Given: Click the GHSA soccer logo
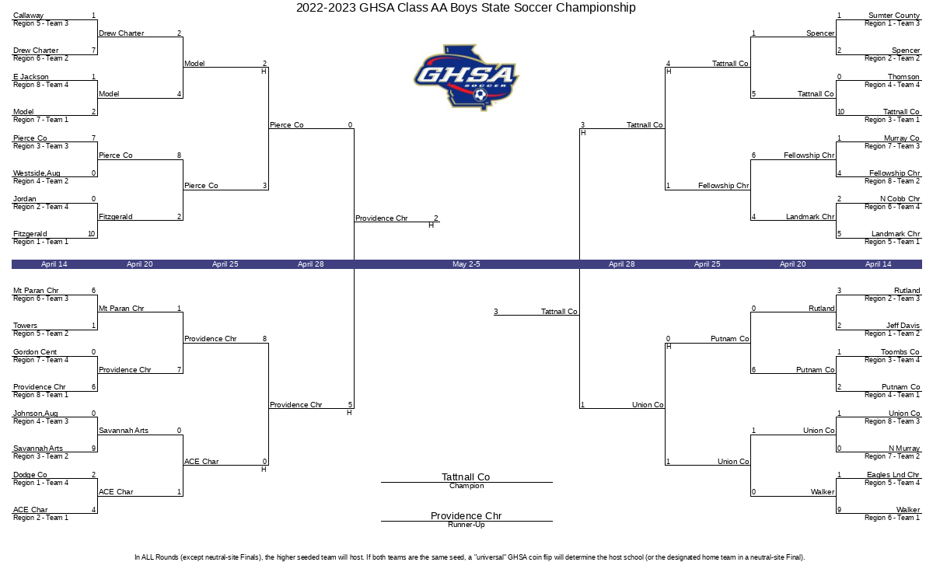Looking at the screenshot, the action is click(466, 78).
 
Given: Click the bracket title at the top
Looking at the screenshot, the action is click(466, 8).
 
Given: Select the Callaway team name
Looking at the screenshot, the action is click(28, 16).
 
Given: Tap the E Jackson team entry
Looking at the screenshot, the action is click(31, 77).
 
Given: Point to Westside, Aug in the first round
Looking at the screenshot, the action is click(37, 173).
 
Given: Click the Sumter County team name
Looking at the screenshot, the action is click(894, 16).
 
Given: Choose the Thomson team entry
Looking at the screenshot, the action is click(903, 77).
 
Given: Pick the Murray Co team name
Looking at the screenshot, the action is click(902, 138).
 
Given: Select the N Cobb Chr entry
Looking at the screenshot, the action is click(900, 199).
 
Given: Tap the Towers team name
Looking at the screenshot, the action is click(25, 325).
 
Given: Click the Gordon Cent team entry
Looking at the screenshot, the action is click(35, 352).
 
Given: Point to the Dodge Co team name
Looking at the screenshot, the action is click(30, 475).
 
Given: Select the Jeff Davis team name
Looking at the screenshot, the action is click(903, 325).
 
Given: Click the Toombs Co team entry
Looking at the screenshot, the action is click(900, 352).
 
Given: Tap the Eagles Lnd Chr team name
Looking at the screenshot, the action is click(893, 475).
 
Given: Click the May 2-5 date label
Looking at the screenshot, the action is click(466, 264).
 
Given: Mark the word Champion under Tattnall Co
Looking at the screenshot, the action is click(466, 486).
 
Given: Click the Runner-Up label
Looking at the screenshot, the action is click(466, 525).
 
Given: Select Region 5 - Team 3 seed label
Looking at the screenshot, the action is click(40, 23).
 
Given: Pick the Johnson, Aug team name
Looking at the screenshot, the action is click(36, 413).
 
